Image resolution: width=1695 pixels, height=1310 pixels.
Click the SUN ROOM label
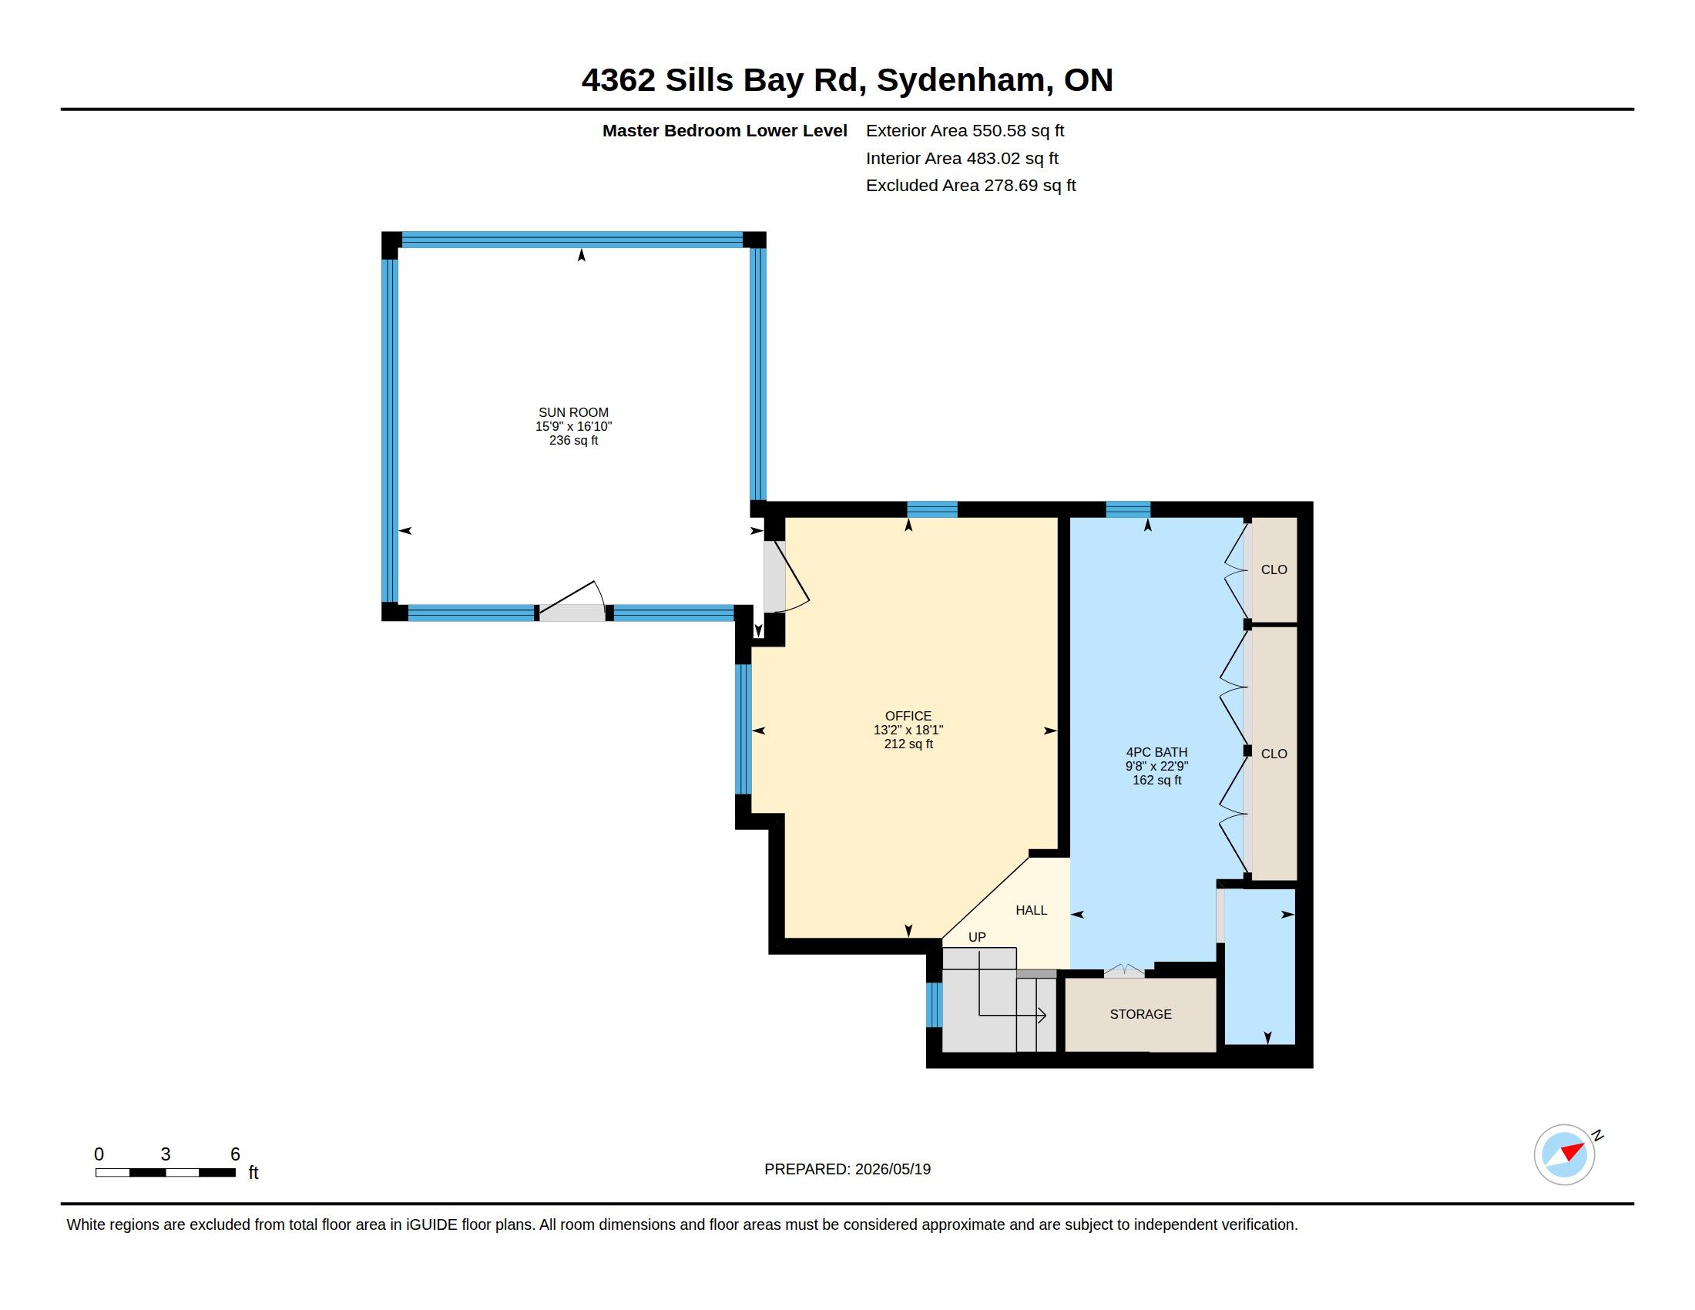click(x=573, y=413)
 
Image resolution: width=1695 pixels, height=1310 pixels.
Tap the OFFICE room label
click(x=908, y=717)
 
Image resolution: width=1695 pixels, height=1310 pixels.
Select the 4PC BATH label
click(x=1156, y=752)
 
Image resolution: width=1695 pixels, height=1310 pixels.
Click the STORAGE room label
click(x=1140, y=1014)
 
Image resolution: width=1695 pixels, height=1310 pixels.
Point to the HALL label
click(x=1032, y=910)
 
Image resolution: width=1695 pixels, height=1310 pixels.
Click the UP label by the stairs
click(x=977, y=938)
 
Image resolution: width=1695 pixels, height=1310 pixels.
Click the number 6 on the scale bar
click(x=235, y=1154)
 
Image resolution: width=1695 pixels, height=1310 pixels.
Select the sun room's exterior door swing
click(x=572, y=601)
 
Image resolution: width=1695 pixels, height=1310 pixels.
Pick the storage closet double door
click(x=1124, y=970)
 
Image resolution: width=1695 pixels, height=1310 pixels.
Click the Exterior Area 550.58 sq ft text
click(x=965, y=131)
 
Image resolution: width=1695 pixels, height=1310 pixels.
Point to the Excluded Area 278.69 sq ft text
click(x=971, y=186)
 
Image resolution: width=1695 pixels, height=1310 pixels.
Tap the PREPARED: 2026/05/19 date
click(x=847, y=1170)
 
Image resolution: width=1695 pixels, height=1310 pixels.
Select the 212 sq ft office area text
click(x=908, y=744)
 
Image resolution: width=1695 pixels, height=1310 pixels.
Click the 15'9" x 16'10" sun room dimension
click(x=573, y=427)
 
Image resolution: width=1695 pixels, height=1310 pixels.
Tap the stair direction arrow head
click(x=1042, y=1014)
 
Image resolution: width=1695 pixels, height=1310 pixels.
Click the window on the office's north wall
click(x=932, y=510)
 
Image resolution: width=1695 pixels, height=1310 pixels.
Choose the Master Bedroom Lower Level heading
click(x=724, y=131)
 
